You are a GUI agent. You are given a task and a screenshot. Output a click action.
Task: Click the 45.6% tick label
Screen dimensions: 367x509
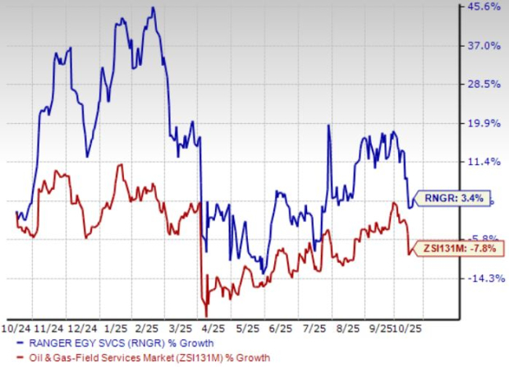click(485, 7)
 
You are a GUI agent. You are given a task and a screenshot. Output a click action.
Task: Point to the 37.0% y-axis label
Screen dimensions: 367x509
click(485, 46)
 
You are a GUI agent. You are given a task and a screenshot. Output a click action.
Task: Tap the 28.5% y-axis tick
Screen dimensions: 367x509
click(485, 85)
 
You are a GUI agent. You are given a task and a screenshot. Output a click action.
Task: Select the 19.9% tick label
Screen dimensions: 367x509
click(485, 123)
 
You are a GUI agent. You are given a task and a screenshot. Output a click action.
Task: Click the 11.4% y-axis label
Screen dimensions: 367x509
click(485, 162)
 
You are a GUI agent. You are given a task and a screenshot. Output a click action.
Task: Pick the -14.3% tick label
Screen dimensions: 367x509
click(485, 278)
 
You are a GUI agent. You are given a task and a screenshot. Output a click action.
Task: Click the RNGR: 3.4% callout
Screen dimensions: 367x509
click(447, 198)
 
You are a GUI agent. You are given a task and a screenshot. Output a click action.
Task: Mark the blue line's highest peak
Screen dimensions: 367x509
click(152, 8)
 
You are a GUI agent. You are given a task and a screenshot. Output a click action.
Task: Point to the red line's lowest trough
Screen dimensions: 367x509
click(206, 315)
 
